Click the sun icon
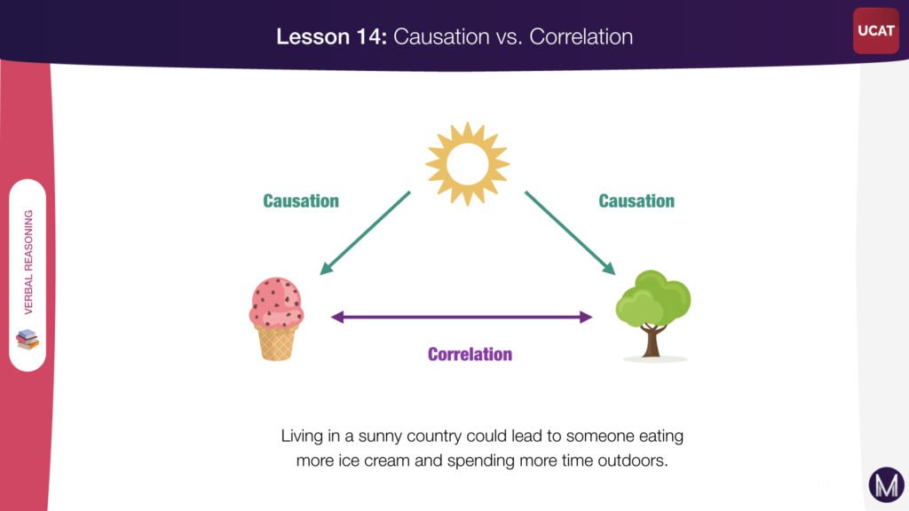[x=467, y=164]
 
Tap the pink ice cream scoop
[x=277, y=303]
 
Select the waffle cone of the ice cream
[x=277, y=343]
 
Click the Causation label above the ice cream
[x=301, y=201]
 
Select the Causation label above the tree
[x=636, y=201]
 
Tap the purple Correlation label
[x=470, y=354]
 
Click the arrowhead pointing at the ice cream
[x=326, y=268]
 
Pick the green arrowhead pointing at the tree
[x=609, y=268]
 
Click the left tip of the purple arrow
[x=331, y=317]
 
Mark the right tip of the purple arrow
[x=592, y=317]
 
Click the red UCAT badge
[x=876, y=31]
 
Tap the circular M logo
[x=887, y=485]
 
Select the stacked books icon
[x=28, y=340]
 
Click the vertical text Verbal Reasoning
[x=28, y=262]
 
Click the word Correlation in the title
[x=581, y=36]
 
